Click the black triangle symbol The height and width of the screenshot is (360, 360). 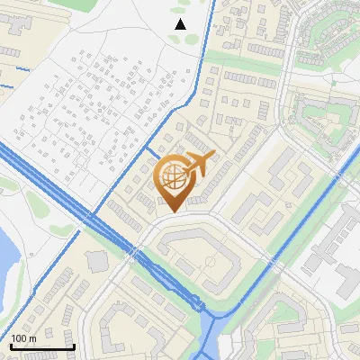pyautogui.click(x=180, y=24)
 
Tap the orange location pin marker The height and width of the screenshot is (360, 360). pyautogui.click(x=173, y=181)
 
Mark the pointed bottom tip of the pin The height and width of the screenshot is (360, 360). pyautogui.click(x=173, y=211)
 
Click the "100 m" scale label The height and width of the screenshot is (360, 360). pyautogui.click(x=23, y=338)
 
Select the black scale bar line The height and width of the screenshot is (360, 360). pyautogui.click(x=41, y=346)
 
